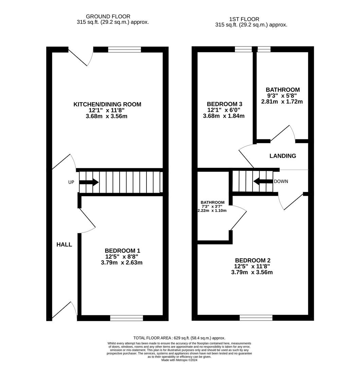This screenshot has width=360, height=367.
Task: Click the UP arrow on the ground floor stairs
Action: pos(89,182)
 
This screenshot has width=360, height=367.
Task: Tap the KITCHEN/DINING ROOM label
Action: pos(107,104)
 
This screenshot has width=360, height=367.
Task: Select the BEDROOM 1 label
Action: pos(122,250)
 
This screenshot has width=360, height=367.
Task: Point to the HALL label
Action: pos(64,244)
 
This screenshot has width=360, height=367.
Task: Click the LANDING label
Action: pos(283,156)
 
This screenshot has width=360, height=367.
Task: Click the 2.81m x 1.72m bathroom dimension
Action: pos(282,102)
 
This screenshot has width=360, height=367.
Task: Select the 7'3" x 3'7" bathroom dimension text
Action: pos(212,207)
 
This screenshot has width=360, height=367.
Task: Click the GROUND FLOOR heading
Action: pos(108,16)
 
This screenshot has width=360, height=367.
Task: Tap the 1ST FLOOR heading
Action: pos(244,19)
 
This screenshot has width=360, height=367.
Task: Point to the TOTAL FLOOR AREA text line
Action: pos(179,338)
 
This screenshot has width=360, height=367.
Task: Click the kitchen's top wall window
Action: pos(124,50)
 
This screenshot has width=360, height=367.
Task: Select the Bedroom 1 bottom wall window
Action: pos(126,318)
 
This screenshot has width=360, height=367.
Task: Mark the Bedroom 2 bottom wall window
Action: pos(256,318)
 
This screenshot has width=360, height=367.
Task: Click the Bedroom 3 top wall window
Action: pos(243,49)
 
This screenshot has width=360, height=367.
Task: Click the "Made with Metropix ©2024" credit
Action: pos(179,360)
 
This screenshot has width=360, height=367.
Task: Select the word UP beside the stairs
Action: pos(71,182)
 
